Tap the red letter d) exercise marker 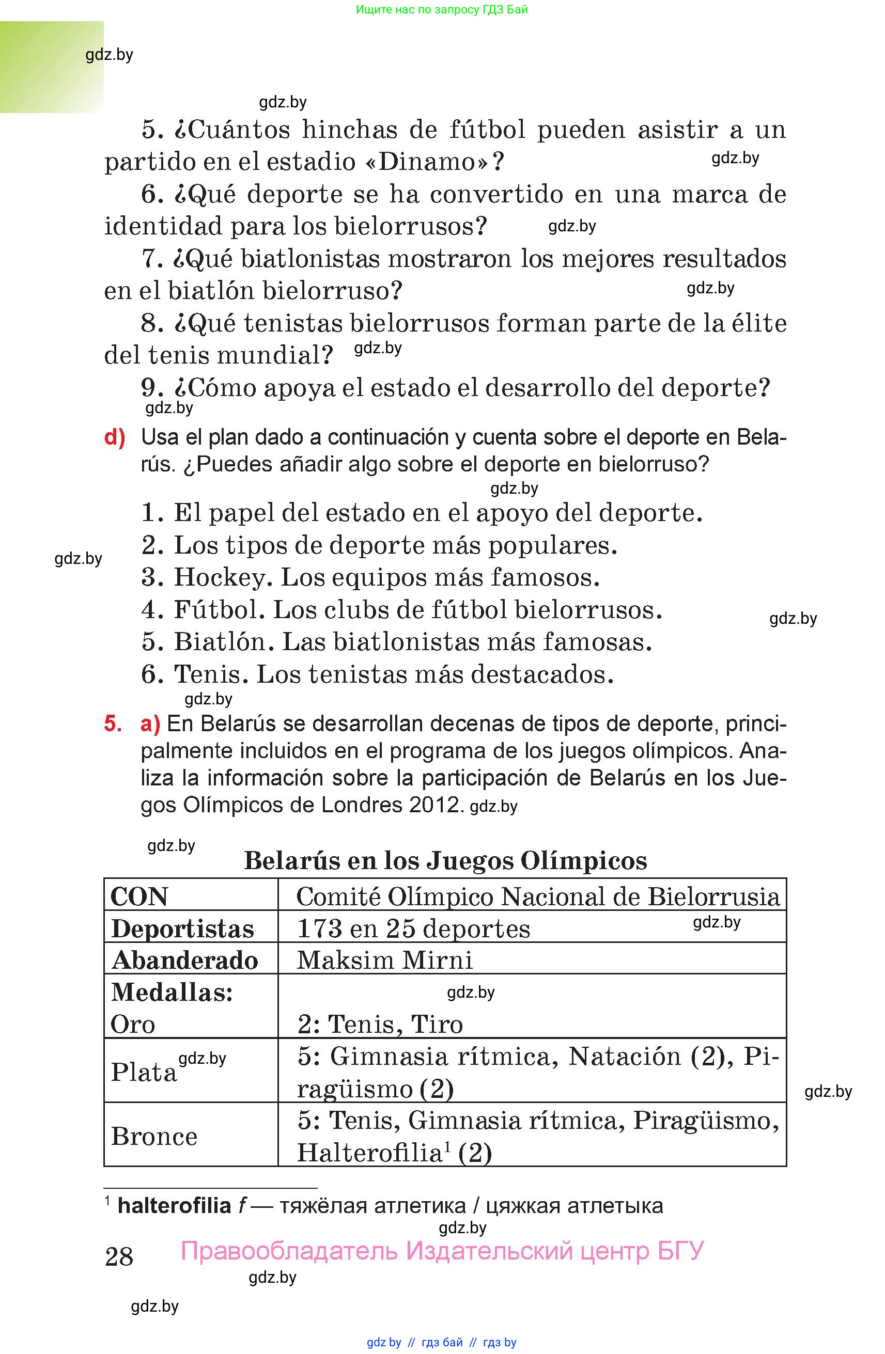tap(114, 437)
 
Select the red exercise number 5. tap(112, 724)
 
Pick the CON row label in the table tap(139, 897)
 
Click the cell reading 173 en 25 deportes tap(413, 929)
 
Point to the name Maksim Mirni tap(385, 961)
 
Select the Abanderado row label tap(185, 961)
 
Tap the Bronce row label tap(154, 1137)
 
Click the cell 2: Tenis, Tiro tap(380, 1025)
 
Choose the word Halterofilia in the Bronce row tap(369, 1153)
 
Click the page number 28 tap(119, 1256)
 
